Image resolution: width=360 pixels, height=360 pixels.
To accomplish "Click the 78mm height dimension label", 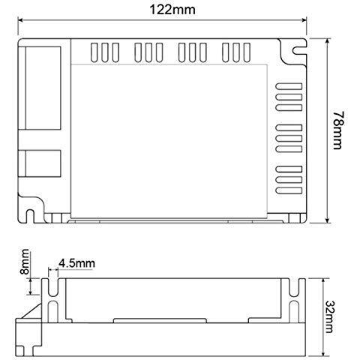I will click(341, 132).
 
